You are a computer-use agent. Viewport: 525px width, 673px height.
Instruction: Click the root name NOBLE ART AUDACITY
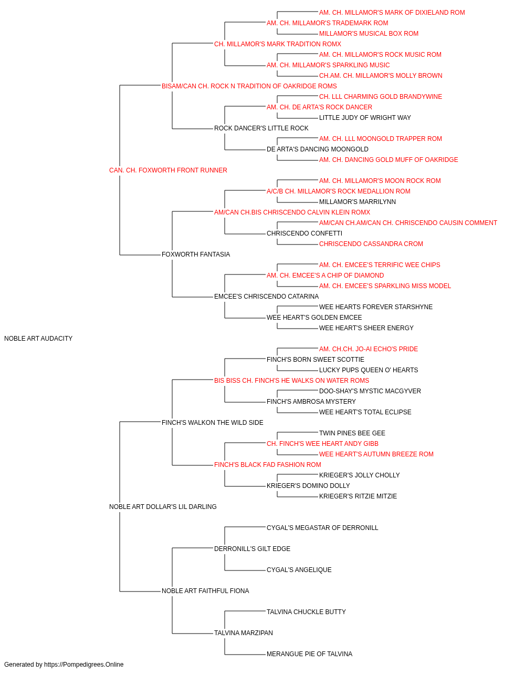click(38, 339)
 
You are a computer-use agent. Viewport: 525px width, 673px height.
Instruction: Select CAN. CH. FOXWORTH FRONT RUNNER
click(168, 170)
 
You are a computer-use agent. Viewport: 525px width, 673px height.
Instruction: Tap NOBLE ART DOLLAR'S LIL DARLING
click(163, 507)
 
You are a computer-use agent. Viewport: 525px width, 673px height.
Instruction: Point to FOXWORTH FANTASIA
click(196, 254)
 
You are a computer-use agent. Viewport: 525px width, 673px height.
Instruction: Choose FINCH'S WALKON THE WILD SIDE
click(213, 423)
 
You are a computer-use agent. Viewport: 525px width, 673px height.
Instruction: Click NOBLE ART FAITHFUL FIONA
click(205, 591)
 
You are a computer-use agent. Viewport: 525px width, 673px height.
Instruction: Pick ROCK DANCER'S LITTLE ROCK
click(261, 128)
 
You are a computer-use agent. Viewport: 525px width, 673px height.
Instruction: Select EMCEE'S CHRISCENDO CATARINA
click(266, 297)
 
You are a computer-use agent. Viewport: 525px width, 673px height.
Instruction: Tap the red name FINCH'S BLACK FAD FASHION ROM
click(267, 465)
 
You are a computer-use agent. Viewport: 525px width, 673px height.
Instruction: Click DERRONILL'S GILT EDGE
click(253, 549)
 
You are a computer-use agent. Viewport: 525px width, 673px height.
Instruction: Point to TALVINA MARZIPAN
click(243, 633)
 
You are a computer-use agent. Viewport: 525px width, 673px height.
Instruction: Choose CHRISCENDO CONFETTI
click(304, 233)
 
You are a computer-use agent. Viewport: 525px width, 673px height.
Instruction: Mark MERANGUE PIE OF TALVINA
click(310, 654)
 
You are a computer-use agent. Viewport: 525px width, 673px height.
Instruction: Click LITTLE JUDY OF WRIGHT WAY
click(365, 118)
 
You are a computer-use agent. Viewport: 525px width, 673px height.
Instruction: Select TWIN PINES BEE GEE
click(352, 433)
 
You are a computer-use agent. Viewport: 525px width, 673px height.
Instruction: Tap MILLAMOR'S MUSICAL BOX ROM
click(369, 34)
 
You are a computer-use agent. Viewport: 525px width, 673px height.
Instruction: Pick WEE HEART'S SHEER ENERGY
click(366, 328)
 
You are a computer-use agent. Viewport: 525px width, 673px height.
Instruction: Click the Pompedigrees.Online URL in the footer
click(84, 665)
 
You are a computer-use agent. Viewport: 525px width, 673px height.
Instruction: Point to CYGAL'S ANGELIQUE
click(299, 570)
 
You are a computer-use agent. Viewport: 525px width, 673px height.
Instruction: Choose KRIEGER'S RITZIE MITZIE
click(358, 496)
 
